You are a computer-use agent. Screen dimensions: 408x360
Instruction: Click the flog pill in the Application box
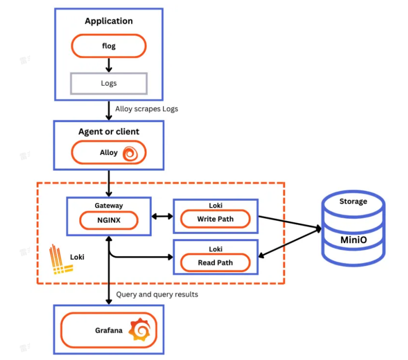[x=109, y=46]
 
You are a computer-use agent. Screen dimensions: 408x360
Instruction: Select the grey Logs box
[x=109, y=83]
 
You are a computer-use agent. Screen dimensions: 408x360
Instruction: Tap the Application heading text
[x=109, y=21]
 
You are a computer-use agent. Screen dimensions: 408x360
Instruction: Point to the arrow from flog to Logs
[x=109, y=65]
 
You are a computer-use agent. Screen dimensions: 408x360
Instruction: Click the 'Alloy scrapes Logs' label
[x=147, y=109]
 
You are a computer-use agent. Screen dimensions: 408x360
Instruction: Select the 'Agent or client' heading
[x=109, y=132]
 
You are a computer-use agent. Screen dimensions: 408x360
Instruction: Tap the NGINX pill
[x=109, y=220]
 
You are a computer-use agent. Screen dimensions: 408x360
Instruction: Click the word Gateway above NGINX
[x=109, y=206]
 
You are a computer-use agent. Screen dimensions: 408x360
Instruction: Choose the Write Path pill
[x=215, y=219]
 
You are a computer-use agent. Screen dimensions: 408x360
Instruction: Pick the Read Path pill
[x=215, y=262]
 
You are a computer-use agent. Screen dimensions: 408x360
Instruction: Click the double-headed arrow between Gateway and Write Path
[x=162, y=216]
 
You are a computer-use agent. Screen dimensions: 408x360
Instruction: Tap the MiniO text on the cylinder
[x=354, y=240]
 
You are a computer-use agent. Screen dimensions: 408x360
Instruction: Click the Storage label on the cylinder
[x=354, y=201]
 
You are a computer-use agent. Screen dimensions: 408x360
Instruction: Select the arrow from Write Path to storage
[x=290, y=222]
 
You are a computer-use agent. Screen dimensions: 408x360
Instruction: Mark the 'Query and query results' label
[x=157, y=294]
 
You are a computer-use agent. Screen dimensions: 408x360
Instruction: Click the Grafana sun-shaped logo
[x=141, y=330]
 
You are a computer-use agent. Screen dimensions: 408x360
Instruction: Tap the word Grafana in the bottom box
[x=109, y=330]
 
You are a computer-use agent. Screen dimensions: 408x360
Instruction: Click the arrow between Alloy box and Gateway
[x=109, y=184]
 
